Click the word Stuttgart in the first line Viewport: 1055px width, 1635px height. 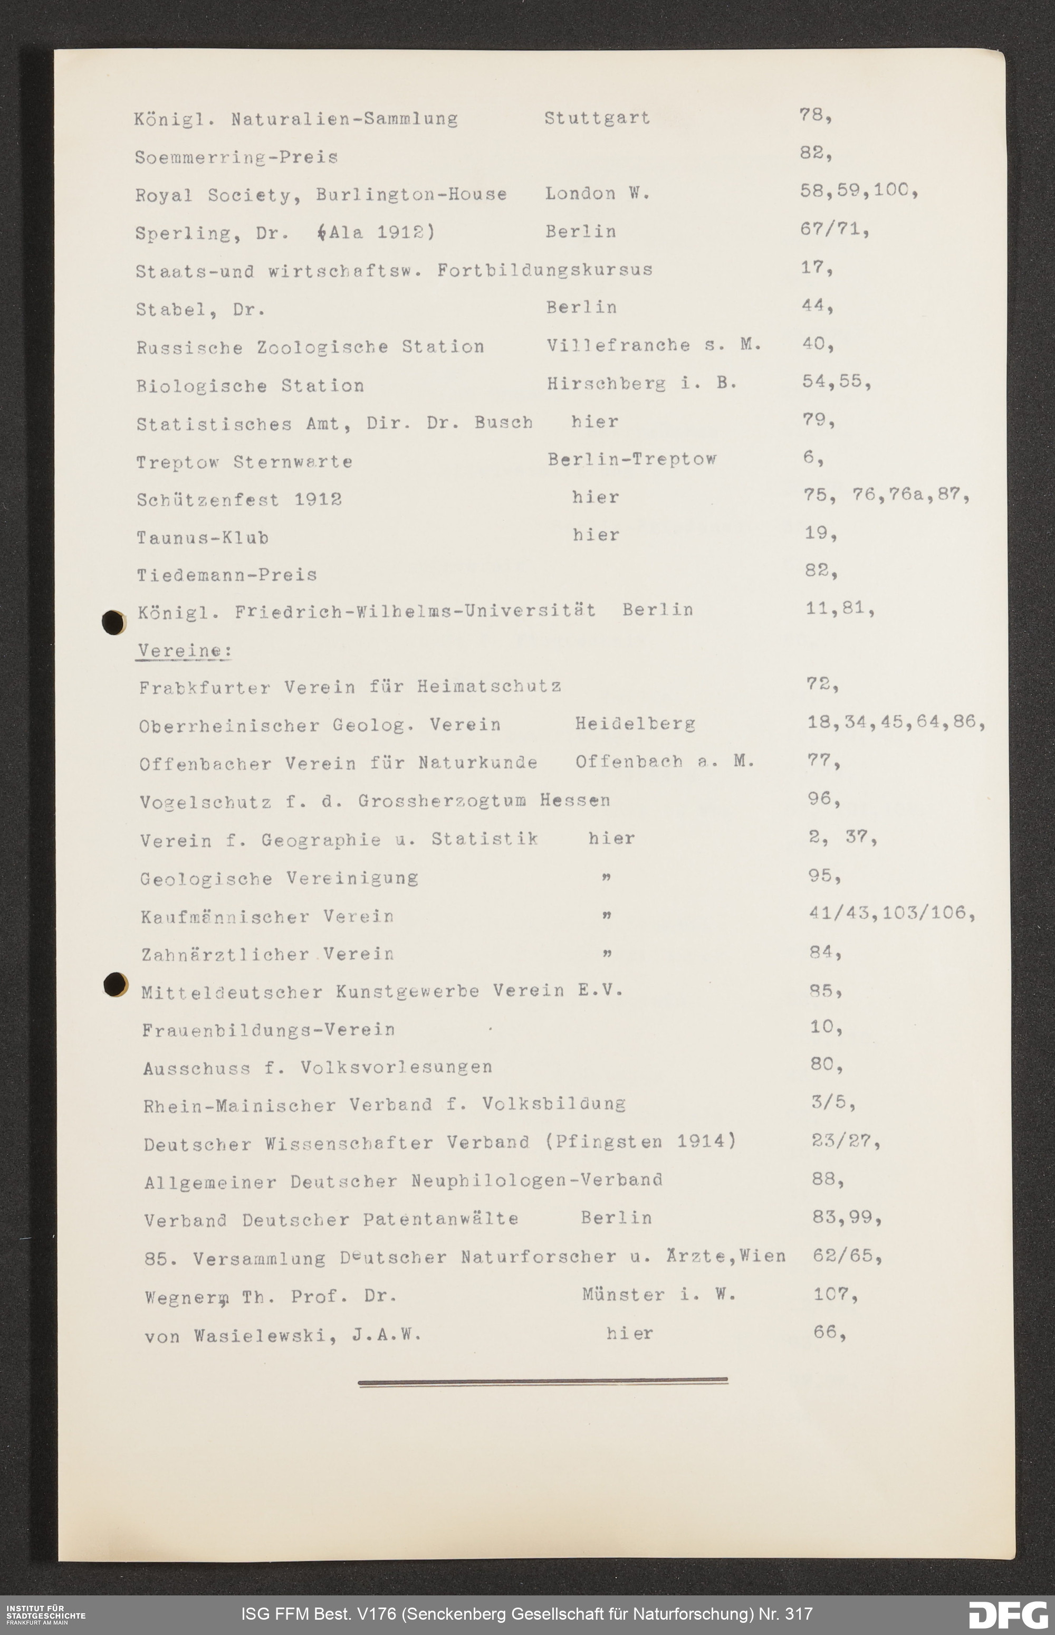point(597,118)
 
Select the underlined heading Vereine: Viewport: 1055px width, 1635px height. point(183,650)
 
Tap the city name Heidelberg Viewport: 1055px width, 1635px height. point(635,724)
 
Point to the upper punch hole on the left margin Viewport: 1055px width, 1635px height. point(113,622)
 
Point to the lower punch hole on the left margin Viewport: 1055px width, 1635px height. point(115,984)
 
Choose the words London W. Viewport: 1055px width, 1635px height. point(597,194)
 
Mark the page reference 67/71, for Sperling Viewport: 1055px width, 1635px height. point(834,231)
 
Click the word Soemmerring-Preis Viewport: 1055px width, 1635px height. point(236,158)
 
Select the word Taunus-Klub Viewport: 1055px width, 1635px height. point(202,538)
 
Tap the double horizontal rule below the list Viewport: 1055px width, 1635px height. point(543,1382)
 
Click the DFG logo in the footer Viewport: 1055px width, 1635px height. point(1007,1614)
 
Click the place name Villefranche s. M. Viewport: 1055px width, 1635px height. point(653,345)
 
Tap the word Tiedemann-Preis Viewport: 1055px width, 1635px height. point(227,575)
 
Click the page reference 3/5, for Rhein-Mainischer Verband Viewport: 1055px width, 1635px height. point(832,1102)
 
